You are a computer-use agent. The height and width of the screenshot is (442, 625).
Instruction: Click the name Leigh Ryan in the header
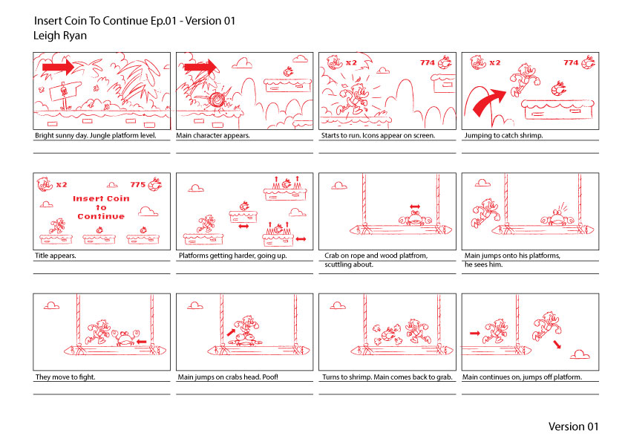tap(60, 36)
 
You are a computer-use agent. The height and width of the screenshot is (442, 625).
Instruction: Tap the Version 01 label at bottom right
tap(573, 426)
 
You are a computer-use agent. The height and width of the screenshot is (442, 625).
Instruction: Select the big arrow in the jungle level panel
tap(58, 66)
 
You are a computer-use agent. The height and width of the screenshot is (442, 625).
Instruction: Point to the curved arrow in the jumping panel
tap(487, 101)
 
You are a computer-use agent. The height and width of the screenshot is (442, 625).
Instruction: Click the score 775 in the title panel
tap(137, 185)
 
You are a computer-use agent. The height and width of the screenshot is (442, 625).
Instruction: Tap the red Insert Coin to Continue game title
tap(101, 207)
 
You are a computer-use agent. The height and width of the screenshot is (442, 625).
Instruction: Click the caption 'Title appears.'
tap(56, 256)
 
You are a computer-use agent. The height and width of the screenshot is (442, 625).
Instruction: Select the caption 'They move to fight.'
tap(65, 377)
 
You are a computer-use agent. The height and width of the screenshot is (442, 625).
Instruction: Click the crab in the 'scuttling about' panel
tap(415, 218)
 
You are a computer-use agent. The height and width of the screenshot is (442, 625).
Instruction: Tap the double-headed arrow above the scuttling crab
tap(415, 207)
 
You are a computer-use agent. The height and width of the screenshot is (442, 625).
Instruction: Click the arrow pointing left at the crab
tap(142, 342)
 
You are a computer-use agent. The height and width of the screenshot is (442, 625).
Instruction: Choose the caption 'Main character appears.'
tap(213, 136)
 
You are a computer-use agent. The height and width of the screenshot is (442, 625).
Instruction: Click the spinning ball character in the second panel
tap(217, 100)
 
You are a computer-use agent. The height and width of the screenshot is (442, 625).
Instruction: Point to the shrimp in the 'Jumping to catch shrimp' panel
tap(558, 88)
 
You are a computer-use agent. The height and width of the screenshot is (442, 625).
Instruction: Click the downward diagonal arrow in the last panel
tap(557, 344)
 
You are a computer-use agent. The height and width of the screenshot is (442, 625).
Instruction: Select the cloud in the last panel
tap(580, 354)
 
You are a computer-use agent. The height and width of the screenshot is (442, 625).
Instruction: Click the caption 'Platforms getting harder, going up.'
tap(233, 256)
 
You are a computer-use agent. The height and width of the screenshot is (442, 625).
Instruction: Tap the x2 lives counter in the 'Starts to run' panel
tap(351, 62)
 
